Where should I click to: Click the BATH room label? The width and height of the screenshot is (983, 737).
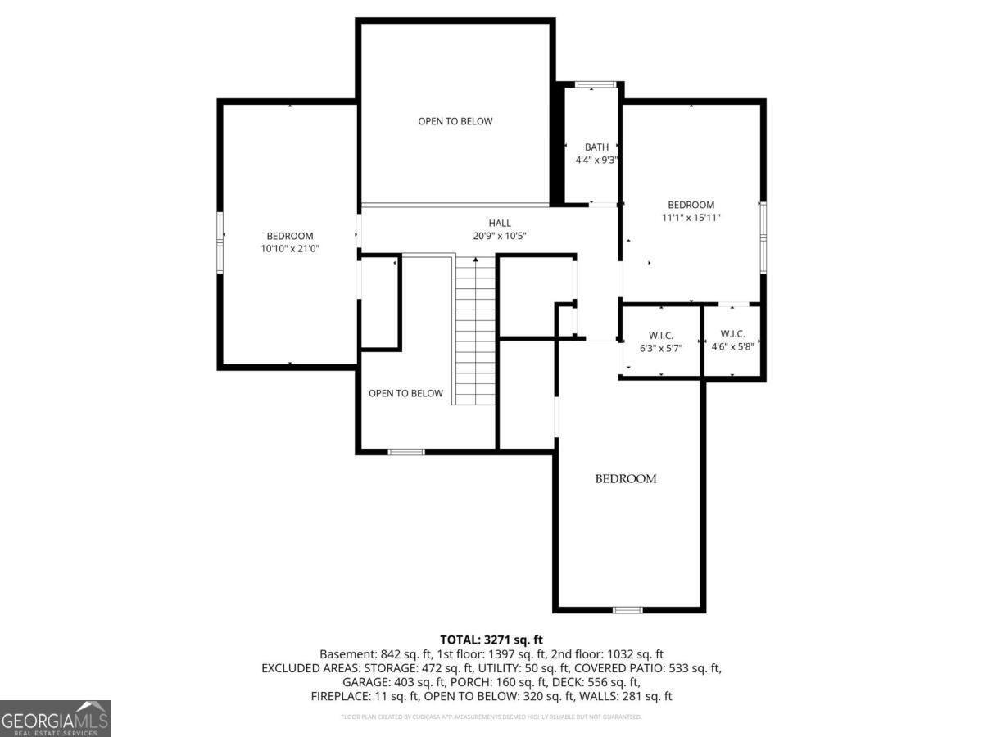click(x=596, y=147)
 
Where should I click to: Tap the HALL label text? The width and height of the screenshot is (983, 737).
click(x=500, y=223)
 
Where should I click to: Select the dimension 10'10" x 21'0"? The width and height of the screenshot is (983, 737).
click(x=289, y=248)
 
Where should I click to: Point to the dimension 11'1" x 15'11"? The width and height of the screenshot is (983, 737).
click(x=691, y=218)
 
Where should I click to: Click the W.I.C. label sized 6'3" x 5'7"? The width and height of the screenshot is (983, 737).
click(x=660, y=334)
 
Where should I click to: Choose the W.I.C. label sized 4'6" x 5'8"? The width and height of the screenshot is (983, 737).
click(x=732, y=333)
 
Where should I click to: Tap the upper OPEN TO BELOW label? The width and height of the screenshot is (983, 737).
click(x=455, y=121)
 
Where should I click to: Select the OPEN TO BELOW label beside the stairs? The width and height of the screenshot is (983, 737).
click(x=405, y=393)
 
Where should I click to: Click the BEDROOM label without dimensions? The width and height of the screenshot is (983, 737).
click(x=625, y=479)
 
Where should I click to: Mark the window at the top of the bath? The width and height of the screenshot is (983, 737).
click(x=596, y=84)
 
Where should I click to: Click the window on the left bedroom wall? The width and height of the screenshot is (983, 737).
click(x=220, y=240)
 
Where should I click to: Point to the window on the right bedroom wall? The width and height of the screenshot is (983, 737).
click(x=763, y=237)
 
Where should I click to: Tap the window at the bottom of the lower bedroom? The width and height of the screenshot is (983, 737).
click(x=627, y=609)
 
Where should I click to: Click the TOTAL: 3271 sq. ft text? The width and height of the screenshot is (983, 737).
click(x=491, y=640)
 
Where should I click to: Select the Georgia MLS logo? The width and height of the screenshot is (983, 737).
click(x=56, y=718)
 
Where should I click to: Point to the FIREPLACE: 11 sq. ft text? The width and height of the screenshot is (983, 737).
click(x=365, y=696)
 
